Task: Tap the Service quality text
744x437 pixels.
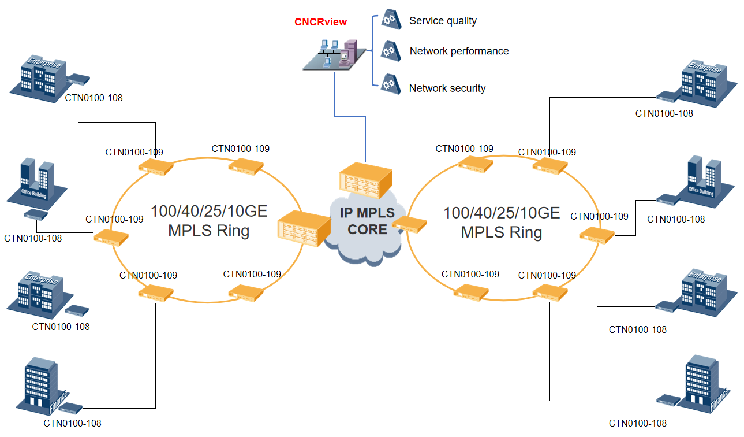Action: click(443, 21)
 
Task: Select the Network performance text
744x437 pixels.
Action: click(459, 51)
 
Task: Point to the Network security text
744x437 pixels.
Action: click(447, 88)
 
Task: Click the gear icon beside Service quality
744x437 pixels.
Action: click(391, 20)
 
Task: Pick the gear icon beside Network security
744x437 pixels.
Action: click(391, 85)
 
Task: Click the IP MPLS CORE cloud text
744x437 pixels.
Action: click(367, 221)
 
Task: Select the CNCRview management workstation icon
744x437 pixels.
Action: click(334, 54)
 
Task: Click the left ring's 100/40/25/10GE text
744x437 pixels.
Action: click(209, 211)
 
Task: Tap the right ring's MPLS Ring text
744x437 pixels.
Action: click(501, 233)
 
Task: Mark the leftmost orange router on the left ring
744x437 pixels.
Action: click(111, 236)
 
